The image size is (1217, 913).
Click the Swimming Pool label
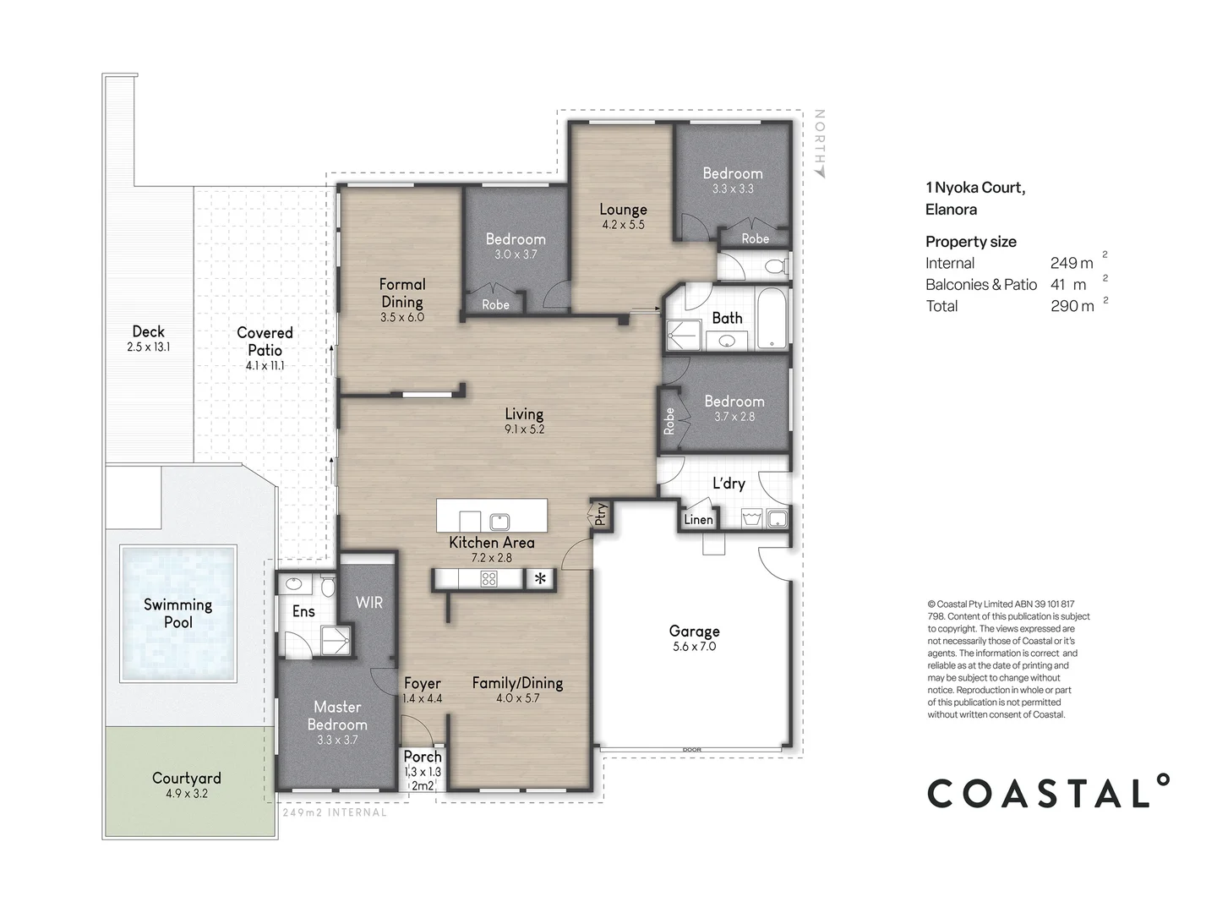[178, 613]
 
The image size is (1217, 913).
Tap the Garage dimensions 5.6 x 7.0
[694, 647]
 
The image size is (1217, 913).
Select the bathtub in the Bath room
[772, 317]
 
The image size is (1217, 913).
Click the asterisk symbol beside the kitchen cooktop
[540, 579]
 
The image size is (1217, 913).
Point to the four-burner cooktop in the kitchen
[489, 579]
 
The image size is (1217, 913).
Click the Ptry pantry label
[600, 514]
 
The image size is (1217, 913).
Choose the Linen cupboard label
[698, 519]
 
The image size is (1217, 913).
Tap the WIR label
[369, 603]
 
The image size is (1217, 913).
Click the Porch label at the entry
[423, 756]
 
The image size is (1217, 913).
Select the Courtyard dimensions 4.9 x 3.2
[186, 793]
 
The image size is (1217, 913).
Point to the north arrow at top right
[820, 172]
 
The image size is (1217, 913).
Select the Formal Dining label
[402, 292]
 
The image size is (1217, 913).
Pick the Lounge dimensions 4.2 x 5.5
[623, 225]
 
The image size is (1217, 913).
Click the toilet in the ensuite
[328, 586]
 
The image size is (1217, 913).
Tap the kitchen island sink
[499, 522]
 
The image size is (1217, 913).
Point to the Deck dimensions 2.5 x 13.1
[148, 347]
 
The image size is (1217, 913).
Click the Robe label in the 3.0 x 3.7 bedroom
[495, 304]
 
